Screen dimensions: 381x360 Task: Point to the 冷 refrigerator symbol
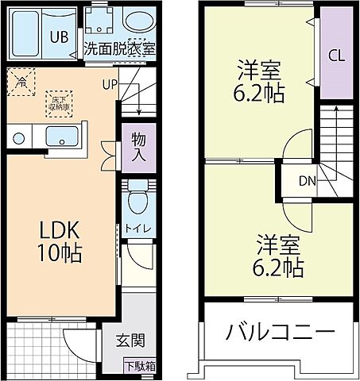click(x=21, y=79)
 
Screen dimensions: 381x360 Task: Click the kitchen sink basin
click(x=60, y=137)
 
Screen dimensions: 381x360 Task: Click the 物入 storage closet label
click(x=137, y=148)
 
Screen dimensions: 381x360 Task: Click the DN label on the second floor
click(x=307, y=180)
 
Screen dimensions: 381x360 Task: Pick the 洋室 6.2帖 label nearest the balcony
click(x=277, y=256)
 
